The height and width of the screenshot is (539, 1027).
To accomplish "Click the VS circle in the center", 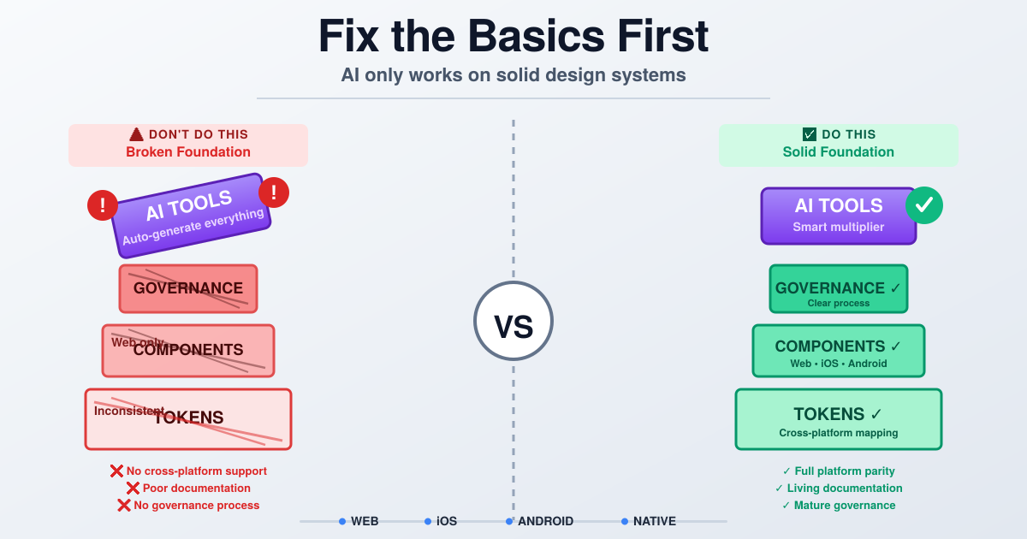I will click(x=513, y=321).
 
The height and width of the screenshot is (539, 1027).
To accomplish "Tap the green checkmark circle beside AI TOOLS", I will click(x=923, y=205).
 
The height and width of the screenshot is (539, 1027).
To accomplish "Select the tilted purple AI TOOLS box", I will click(x=192, y=216).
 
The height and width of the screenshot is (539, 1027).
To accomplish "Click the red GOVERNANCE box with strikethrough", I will click(x=188, y=288).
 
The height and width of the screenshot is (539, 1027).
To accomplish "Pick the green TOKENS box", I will click(x=838, y=419).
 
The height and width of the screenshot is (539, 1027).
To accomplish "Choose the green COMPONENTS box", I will click(x=838, y=351).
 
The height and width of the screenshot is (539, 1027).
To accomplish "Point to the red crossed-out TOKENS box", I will click(x=188, y=419).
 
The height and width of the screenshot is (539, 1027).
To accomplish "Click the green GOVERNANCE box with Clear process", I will click(x=838, y=289).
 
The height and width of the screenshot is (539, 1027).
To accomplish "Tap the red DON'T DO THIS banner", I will click(x=188, y=145).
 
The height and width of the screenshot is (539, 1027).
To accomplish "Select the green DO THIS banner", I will click(x=838, y=145).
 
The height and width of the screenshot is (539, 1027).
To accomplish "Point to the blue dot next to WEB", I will click(x=342, y=521).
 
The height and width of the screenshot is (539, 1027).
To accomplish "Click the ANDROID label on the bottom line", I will click(x=545, y=521).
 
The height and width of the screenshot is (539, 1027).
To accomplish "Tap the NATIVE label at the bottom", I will click(x=655, y=521).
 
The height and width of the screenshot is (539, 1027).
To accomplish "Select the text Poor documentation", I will click(x=197, y=488).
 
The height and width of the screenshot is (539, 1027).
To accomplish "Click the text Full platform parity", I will click(x=844, y=471).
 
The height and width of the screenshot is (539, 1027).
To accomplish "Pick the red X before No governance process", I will click(x=124, y=505).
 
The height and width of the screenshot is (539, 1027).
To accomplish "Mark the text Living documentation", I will click(x=844, y=488).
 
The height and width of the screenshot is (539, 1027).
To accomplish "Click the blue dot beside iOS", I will click(x=428, y=521).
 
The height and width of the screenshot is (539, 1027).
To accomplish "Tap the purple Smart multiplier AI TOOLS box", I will click(x=838, y=216).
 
